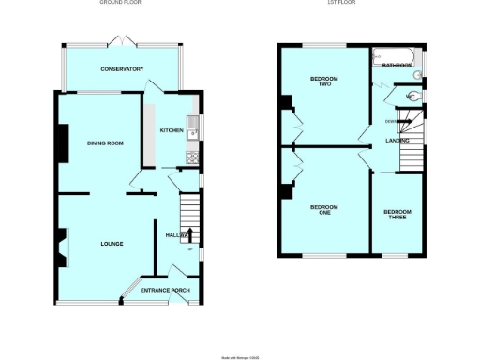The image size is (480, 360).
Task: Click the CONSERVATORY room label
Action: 123,69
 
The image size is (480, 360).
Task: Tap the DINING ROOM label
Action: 106,142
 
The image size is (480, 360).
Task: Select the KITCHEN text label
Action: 171,130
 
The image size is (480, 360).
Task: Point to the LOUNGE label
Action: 112,244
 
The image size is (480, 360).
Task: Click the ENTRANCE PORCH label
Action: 165,291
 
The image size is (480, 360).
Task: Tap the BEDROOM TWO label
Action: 322,82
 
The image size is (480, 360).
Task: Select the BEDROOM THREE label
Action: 397,214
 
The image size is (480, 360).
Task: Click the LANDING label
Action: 397,141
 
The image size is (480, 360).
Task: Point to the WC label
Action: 410,97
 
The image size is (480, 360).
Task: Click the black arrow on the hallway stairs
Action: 191,234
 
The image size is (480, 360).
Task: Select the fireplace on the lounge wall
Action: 63,247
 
